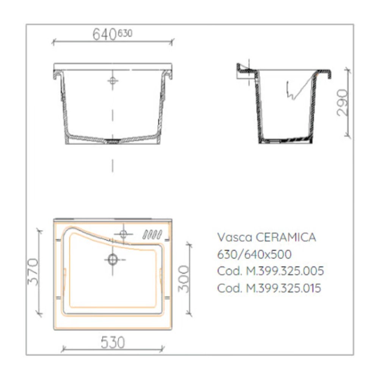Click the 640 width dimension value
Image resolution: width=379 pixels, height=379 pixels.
[x=104, y=34]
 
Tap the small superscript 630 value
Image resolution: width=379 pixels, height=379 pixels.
[x=125, y=33]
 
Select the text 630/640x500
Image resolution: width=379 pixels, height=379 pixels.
[x=254, y=254]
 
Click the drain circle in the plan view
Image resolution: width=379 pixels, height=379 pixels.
[x=113, y=259]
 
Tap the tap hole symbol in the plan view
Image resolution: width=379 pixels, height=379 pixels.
[x=123, y=234]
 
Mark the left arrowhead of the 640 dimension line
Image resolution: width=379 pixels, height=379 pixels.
[x=53, y=42]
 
